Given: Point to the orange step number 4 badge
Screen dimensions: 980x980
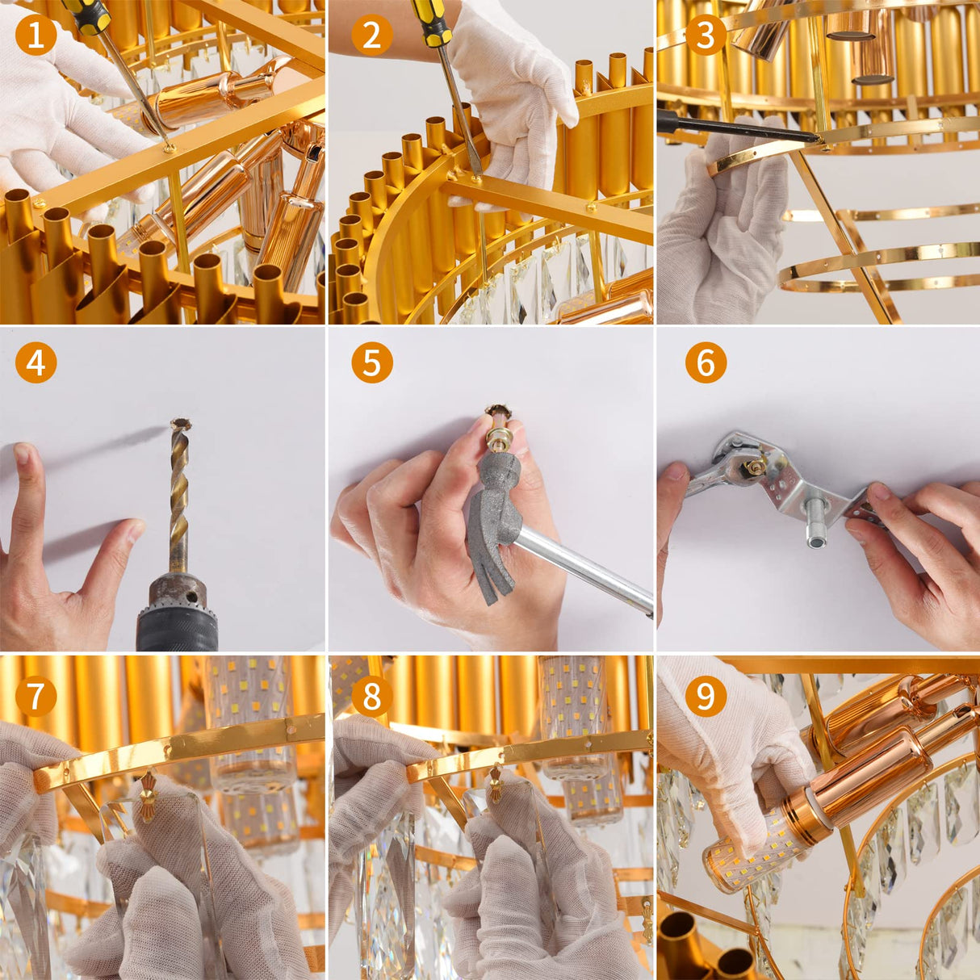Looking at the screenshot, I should click(36, 362).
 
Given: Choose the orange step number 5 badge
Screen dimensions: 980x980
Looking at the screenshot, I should click(371, 362).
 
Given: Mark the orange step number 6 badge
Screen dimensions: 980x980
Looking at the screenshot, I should click(706, 362).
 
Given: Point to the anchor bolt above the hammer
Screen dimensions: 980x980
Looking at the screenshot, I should click(496, 428).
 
